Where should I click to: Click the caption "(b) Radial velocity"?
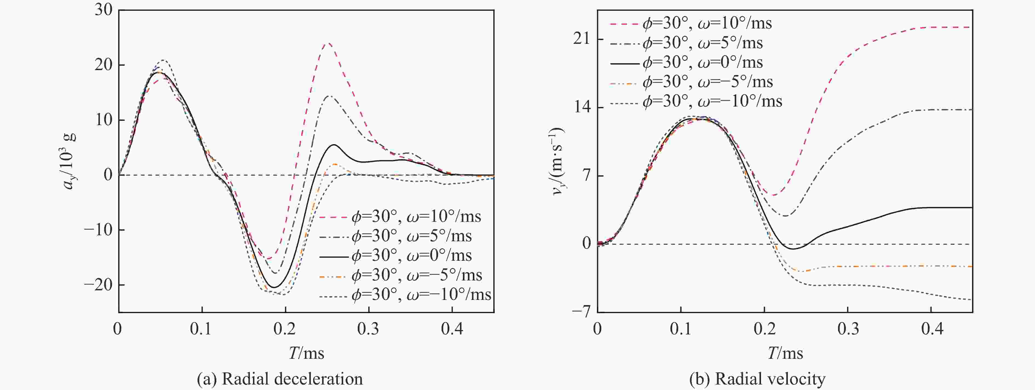pos(757,379)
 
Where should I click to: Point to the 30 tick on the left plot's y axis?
pos(104,10)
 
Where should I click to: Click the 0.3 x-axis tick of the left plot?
pos(369,329)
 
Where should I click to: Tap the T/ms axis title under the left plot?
pos(306,353)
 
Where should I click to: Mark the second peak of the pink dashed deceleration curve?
pos(329,43)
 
